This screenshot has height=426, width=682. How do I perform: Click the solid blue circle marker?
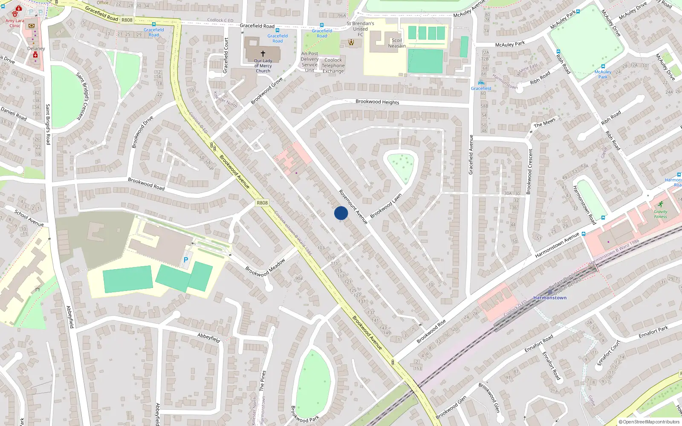[341, 213]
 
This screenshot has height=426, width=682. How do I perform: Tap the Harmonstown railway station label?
[550, 298]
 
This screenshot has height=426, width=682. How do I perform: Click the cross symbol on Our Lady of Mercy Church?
[263, 54]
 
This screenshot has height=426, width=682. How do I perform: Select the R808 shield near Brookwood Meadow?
[262, 203]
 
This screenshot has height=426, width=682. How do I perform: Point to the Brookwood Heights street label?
[377, 102]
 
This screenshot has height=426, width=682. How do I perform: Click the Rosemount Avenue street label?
[353, 207]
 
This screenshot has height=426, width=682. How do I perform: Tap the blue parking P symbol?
[185, 259]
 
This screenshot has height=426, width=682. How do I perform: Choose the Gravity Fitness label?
[660, 214]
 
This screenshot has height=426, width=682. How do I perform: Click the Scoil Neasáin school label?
[397, 43]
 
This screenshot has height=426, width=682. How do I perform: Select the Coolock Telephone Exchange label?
[333, 66]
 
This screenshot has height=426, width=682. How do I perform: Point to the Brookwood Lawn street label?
[386, 206]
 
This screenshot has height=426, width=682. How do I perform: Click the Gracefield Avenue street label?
[471, 154]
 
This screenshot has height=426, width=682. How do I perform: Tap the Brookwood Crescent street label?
[529, 171]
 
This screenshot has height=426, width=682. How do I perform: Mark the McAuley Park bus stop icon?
[603, 66]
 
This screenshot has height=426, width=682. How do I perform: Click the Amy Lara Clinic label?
[15, 23]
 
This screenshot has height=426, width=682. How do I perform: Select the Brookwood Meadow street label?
[265, 268]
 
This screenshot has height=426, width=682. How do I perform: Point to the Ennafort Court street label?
[608, 353]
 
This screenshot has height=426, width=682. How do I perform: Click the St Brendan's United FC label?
[360, 29]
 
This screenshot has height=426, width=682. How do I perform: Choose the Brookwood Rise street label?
[431, 331]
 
